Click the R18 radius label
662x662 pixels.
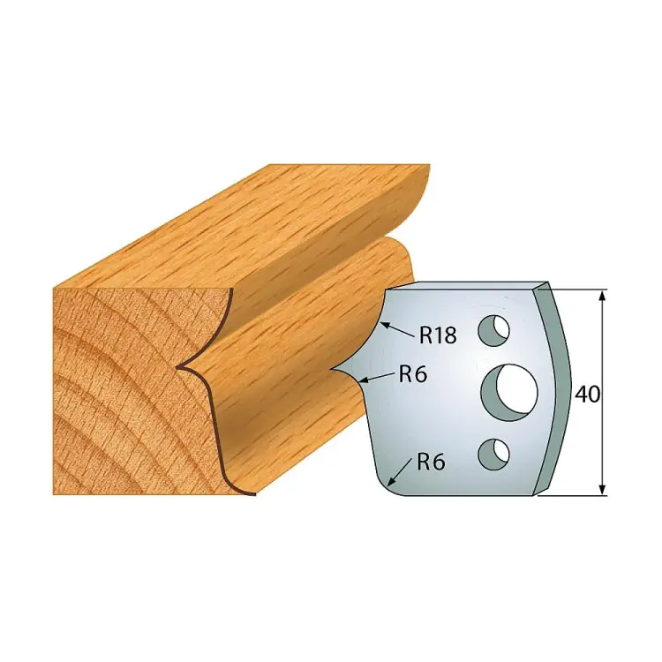click(x=438, y=336)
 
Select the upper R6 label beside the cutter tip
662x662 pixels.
click(x=413, y=374)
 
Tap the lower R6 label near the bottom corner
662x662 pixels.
click(x=431, y=463)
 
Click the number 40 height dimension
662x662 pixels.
click(x=587, y=395)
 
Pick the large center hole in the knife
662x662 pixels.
click(x=510, y=393)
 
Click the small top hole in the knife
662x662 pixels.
click(x=493, y=330)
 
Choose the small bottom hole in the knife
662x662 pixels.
click(x=493, y=455)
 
